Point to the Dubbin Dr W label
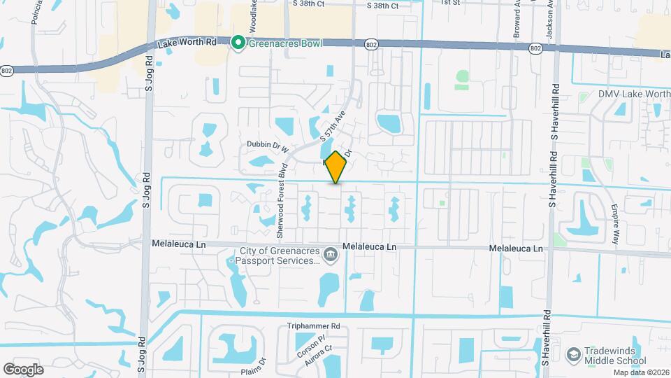coord(268,146)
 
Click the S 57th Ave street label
coord(333,129)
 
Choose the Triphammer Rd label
coord(313,326)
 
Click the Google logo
coord(23,369)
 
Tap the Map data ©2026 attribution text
coord(641,372)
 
